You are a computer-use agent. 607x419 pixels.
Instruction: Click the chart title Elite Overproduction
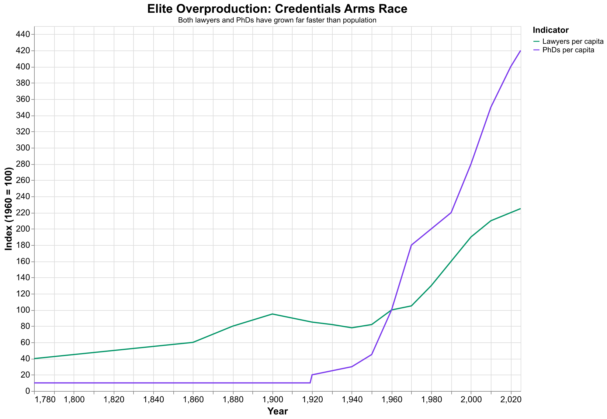(x=277, y=9)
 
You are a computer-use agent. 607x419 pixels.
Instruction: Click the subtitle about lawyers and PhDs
(x=277, y=21)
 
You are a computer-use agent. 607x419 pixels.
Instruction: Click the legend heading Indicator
(x=550, y=30)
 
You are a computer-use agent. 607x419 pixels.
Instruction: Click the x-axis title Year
(x=277, y=411)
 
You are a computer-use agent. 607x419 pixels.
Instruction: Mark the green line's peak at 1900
(x=272, y=314)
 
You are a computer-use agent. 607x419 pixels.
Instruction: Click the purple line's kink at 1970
(x=411, y=245)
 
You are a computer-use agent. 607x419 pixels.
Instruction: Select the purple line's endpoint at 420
(x=520, y=51)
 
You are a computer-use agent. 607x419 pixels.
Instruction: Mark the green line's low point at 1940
(x=352, y=328)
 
